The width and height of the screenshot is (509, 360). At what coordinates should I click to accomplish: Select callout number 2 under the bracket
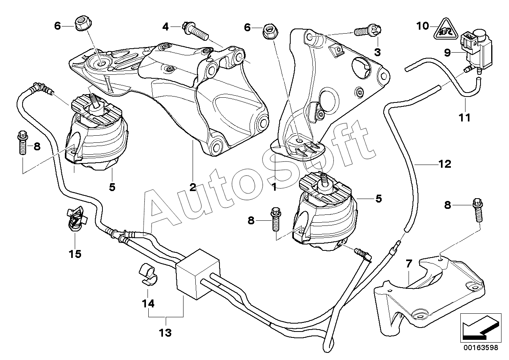point(193,187)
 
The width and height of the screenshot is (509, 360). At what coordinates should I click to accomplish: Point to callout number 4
point(166,27)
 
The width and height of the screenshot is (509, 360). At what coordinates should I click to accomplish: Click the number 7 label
point(409,263)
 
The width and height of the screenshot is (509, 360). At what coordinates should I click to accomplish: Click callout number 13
point(166,333)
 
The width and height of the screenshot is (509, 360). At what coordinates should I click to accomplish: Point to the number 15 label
point(75,254)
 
